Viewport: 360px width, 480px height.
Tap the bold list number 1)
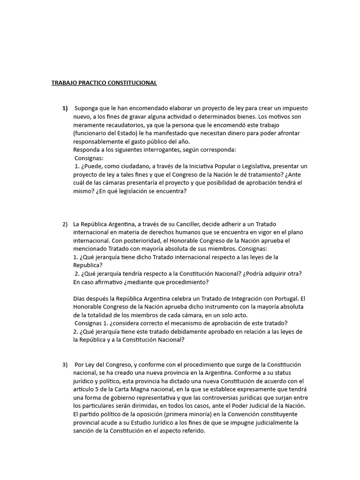65,108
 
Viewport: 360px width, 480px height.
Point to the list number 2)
65,224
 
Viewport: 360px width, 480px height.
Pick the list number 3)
65,364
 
